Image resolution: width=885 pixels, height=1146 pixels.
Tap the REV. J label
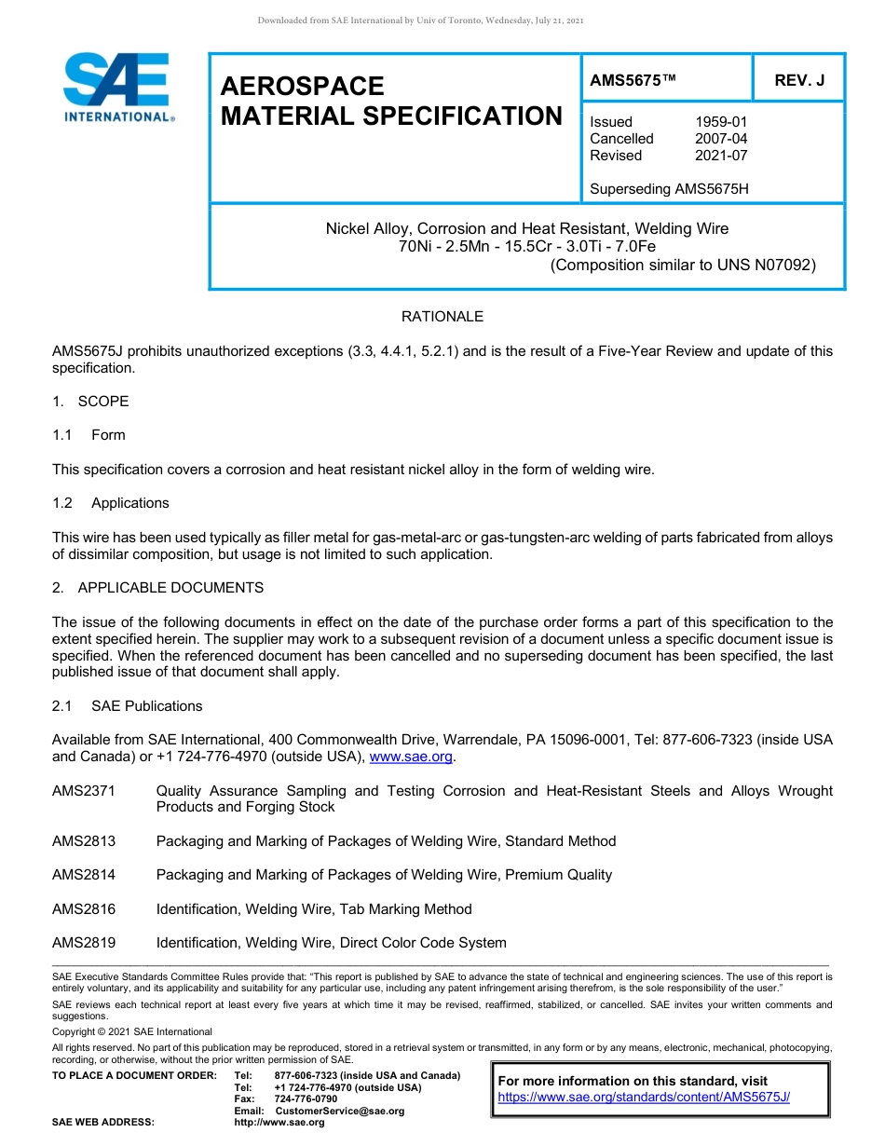[799, 80]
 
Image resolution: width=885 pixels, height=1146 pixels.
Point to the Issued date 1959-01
[721, 122]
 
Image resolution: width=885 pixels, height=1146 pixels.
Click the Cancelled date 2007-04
[721, 139]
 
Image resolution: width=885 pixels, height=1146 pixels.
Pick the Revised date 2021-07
[721, 156]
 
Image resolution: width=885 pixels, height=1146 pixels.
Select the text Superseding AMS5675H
[669, 189]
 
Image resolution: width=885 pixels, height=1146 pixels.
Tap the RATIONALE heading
[442, 317]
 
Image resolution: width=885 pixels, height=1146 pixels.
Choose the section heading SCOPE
[103, 402]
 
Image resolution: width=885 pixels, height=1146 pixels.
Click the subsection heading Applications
[130, 503]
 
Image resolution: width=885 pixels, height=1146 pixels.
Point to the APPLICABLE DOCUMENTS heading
[170, 588]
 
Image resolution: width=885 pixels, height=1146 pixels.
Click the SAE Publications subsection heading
[146, 706]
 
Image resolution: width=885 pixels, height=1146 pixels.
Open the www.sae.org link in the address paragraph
[411, 757]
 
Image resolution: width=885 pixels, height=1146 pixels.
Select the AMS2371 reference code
[84, 791]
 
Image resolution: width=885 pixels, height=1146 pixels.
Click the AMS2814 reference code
[84, 875]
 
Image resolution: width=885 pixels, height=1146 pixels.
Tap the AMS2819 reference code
[84, 943]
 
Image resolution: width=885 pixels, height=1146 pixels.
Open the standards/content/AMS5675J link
[644, 1098]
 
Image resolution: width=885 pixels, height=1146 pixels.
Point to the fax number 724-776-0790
[306, 1099]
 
